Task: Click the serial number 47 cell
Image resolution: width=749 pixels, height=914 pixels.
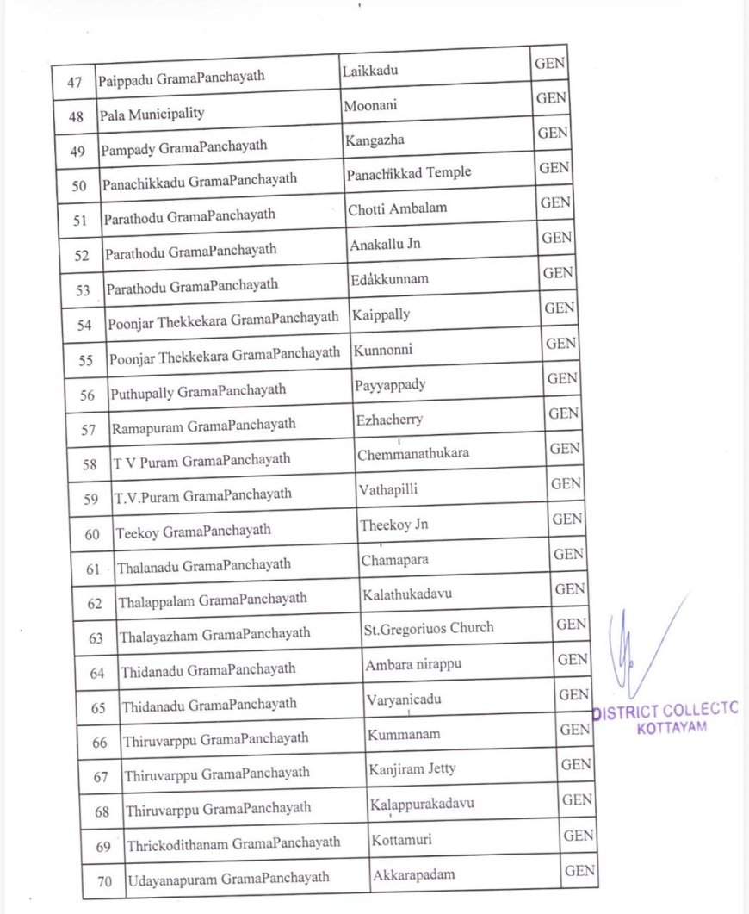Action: (x=74, y=82)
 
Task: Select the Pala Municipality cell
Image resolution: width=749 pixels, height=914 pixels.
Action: (x=152, y=114)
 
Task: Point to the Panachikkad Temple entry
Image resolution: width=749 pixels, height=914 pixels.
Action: (x=409, y=173)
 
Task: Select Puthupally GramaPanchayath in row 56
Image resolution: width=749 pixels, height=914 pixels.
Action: (x=198, y=391)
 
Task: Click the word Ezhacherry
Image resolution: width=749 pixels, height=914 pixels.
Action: (x=389, y=420)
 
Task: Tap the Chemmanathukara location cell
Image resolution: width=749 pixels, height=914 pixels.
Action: (x=413, y=453)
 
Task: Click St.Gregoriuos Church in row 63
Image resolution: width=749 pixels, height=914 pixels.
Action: (x=429, y=628)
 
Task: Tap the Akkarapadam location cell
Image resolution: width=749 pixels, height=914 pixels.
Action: (x=413, y=875)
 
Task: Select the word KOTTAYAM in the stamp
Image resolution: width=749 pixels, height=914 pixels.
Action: (x=672, y=728)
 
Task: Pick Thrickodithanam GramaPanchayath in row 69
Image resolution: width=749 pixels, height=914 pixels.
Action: (x=233, y=842)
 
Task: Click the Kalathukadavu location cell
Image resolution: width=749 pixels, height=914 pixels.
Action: (x=407, y=594)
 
